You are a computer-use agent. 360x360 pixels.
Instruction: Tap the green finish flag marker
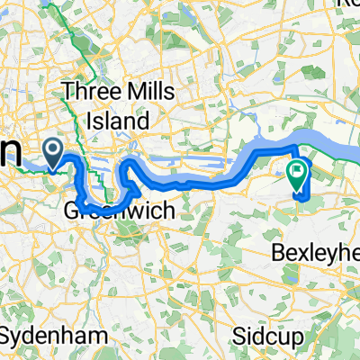pos(297,171)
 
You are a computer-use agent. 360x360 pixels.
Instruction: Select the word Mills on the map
pos(148,91)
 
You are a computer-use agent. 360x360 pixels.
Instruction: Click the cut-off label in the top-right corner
pos(346,5)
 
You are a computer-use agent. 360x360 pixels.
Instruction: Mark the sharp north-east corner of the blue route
pos(296,145)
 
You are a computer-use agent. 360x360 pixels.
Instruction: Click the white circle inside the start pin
pos(54,148)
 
